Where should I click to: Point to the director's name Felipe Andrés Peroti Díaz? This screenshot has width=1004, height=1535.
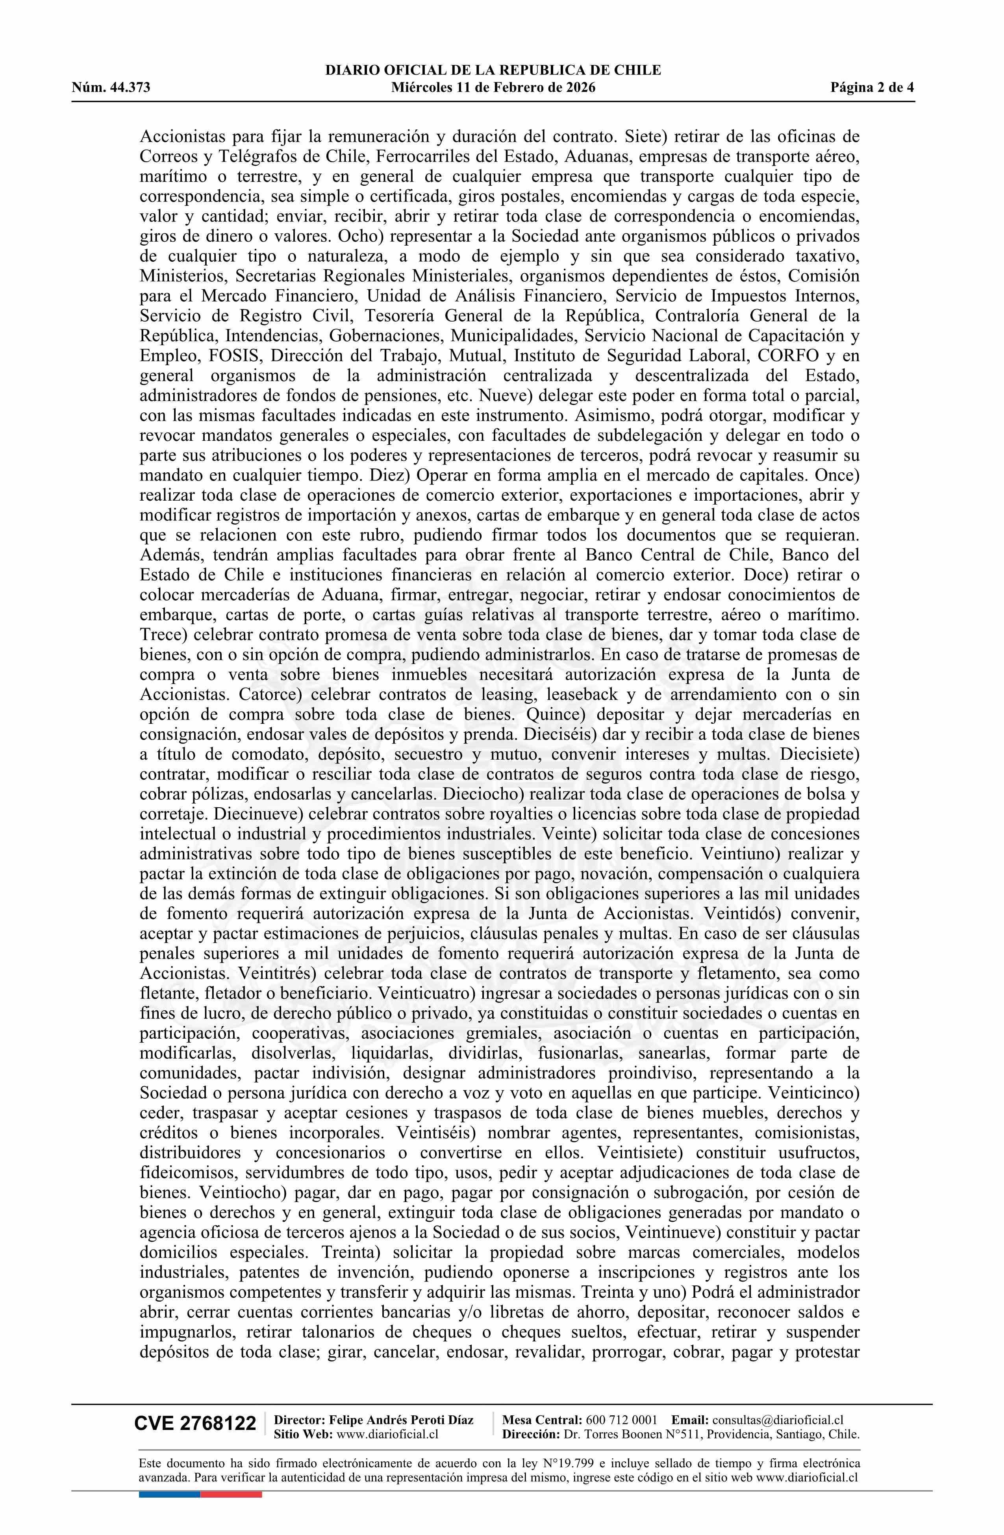[401, 1420]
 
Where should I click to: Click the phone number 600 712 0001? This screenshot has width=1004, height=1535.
[621, 1420]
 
